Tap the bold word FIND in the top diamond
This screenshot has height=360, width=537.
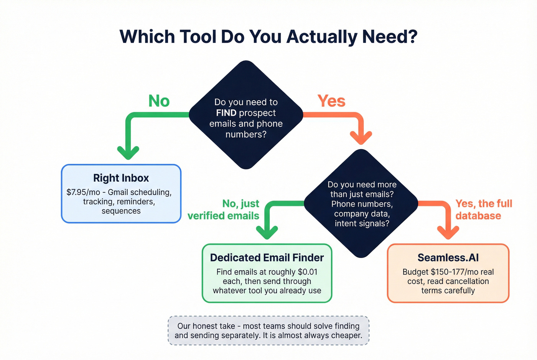pos(226,113)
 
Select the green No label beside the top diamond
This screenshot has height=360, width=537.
pos(159,101)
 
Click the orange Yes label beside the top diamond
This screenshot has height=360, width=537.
pos(331,101)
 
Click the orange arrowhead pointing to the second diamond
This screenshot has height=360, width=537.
pos(361,137)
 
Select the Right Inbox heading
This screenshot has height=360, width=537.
pos(121,178)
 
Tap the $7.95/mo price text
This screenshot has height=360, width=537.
pos(83,192)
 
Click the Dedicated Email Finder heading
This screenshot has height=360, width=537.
pos(267,258)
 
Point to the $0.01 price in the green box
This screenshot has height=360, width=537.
pos(307,272)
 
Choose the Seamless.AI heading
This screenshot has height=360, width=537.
pos(448,258)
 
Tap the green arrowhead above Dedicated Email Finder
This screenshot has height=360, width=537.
pos(267,232)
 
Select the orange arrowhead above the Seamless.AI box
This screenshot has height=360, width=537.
pos(448,232)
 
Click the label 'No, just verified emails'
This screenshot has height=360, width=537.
pos(224,209)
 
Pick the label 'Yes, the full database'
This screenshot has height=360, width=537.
pos(483,209)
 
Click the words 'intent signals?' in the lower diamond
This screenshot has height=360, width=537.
pos(362,224)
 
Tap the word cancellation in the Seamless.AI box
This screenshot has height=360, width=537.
pos(466,281)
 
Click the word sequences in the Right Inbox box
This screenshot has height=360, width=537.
pos(121,211)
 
